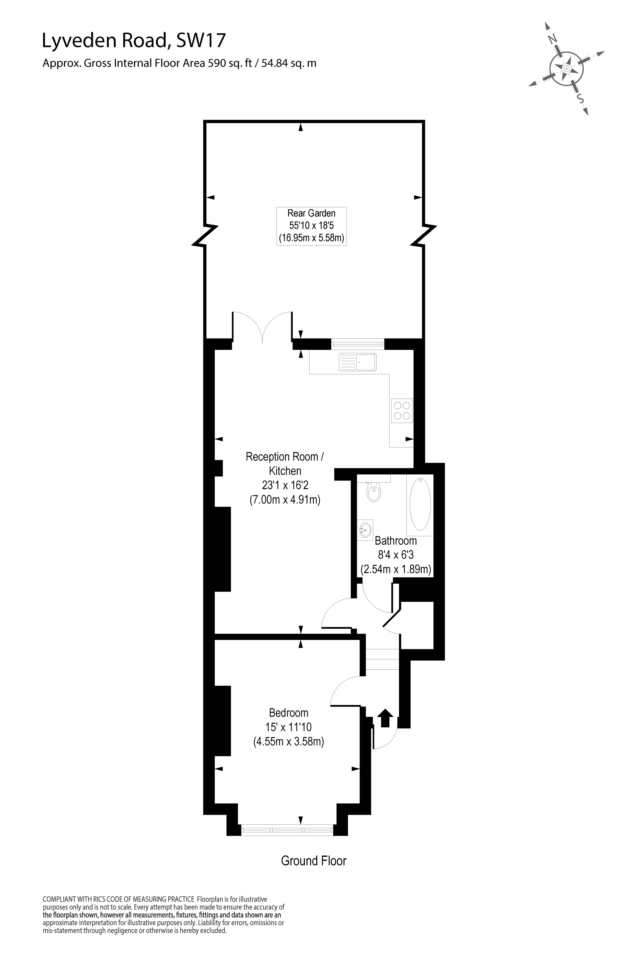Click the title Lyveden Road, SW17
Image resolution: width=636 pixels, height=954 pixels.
(x=134, y=41)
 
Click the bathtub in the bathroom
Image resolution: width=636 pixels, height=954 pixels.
(x=420, y=504)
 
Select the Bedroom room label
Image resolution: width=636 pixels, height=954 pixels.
(x=288, y=713)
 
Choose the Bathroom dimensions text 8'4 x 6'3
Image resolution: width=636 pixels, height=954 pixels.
(x=395, y=555)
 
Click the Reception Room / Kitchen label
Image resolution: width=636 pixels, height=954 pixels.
(x=285, y=464)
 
